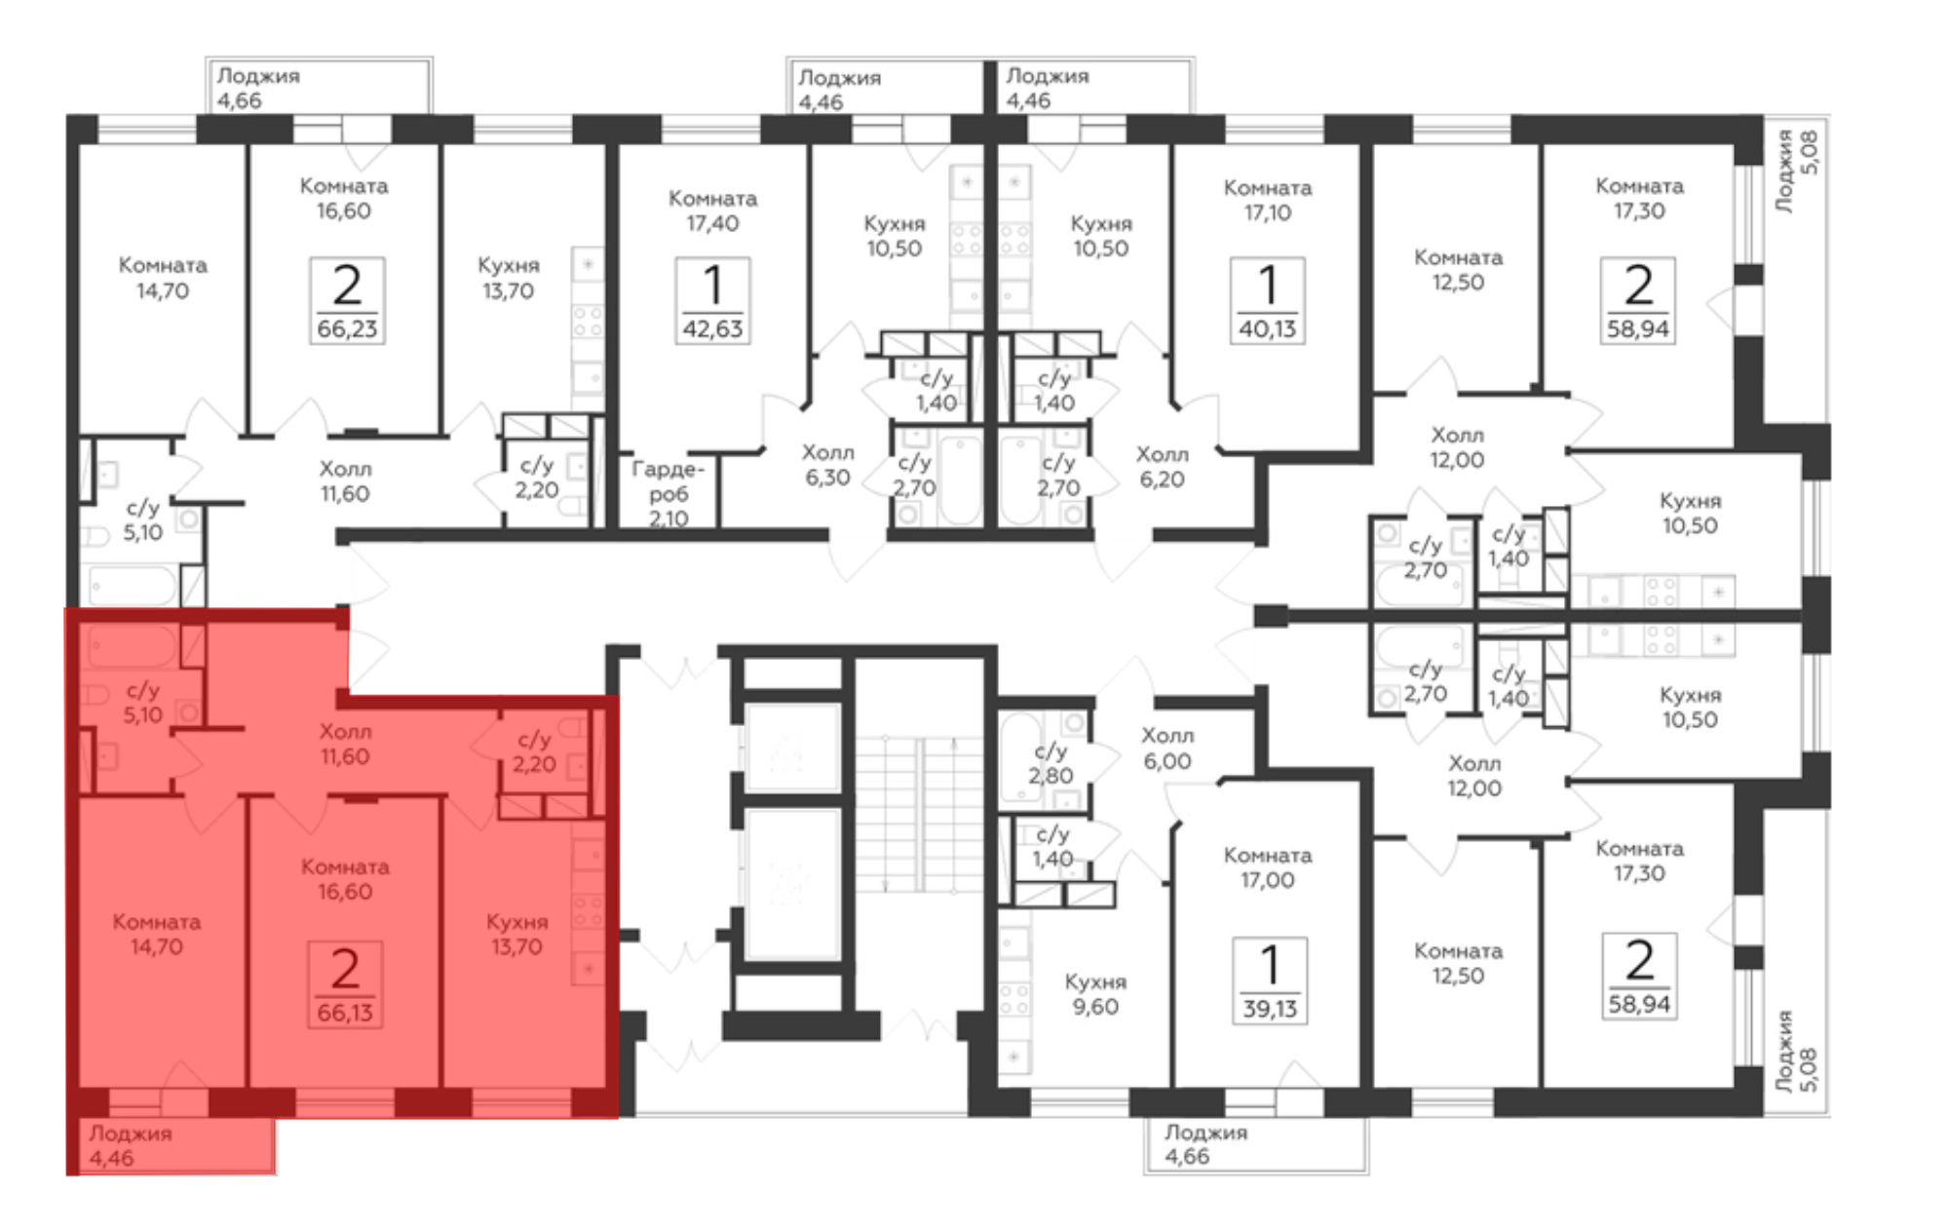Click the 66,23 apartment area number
coord(347,328)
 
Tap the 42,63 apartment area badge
coord(712,300)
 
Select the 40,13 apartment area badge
coord(1267,300)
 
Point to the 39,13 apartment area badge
coord(1269,981)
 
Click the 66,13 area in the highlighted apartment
coord(345,1013)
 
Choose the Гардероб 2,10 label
coord(668,493)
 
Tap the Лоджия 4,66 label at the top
coord(258,88)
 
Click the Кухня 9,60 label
coord(1095,994)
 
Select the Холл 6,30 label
coord(827,465)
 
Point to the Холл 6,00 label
coord(1167,748)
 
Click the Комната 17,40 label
coord(712,211)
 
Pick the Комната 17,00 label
coord(1268,867)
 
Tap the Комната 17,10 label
coord(1268,200)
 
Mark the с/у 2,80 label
coord(1051,763)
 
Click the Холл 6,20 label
coord(1163,466)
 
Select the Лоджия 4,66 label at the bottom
coord(1205,1144)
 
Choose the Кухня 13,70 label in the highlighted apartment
coord(516,934)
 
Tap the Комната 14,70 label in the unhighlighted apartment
coord(163,278)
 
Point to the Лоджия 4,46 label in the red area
coord(131,1145)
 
